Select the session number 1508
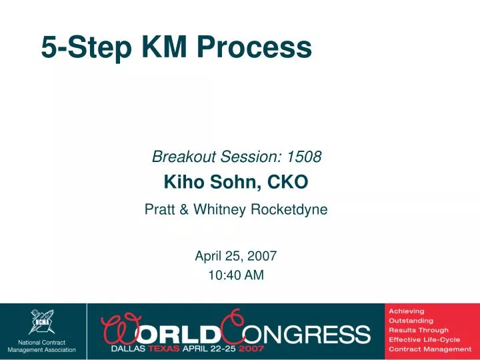tap(305, 157)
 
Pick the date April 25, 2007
tap(236, 255)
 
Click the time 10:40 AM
tap(236, 274)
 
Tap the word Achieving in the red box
tap(407, 311)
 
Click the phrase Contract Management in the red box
tap(430, 349)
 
